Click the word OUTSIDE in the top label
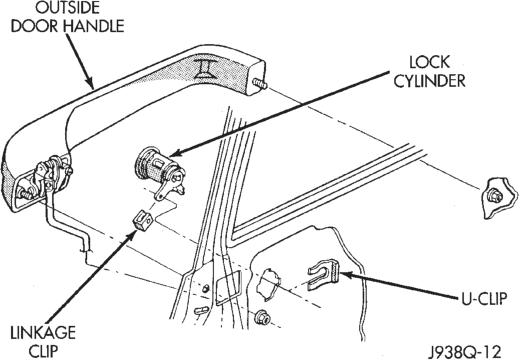pyautogui.click(x=67, y=8)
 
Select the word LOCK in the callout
pyautogui.click(x=429, y=62)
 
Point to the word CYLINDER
pyautogui.click(x=429, y=81)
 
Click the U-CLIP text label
pyautogui.click(x=484, y=299)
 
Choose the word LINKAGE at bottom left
pyautogui.click(x=43, y=333)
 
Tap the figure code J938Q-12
pyautogui.click(x=465, y=352)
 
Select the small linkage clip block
pyautogui.click(x=142, y=220)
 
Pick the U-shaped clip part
pyautogui.click(x=324, y=274)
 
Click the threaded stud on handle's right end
pyautogui.click(x=260, y=84)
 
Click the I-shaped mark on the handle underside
pyautogui.click(x=204, y=68)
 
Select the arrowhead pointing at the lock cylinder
pyautogui.click(x=177, y=153)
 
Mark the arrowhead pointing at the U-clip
pyautogui.click(x=346, y=275)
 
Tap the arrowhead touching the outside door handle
pyautogui.click(x=89, y=82)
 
